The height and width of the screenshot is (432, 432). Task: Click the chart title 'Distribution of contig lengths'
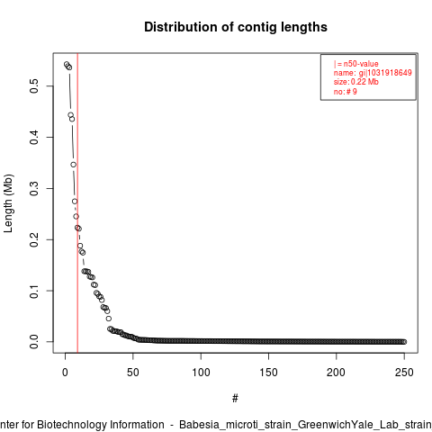236,27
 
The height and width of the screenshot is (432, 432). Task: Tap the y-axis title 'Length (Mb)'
8,203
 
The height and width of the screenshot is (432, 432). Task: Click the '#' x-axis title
235,398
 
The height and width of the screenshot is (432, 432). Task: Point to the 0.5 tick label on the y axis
34,86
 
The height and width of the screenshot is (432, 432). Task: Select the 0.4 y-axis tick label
34,138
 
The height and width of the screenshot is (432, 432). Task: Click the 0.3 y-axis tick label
34,188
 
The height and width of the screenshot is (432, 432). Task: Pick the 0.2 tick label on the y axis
34,239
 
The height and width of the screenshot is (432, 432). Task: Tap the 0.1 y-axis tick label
34,291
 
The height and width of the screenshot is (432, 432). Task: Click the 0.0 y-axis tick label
34,342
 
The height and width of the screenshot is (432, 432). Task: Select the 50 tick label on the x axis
133,373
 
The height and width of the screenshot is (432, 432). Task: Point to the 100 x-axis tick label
201,373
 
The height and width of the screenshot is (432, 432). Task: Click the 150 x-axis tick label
268,373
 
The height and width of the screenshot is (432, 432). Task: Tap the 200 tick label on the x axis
337,373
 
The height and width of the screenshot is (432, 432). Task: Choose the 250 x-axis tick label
404,373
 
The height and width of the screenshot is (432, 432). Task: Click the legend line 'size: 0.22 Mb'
356,82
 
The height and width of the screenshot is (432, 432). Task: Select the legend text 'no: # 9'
346,92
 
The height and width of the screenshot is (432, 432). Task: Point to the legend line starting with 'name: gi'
373,73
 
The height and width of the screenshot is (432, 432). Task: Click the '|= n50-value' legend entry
356,64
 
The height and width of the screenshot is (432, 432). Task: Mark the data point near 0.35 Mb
74,165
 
